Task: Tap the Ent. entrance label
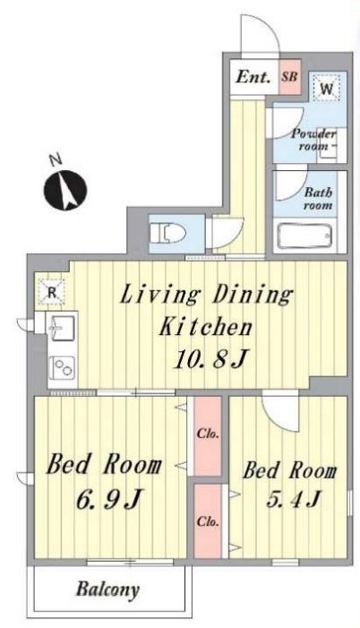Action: coord(253,76)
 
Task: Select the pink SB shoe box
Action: coord(289,77)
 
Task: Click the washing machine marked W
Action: coord(326,88)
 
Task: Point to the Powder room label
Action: coord(313,139)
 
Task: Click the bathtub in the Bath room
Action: coord(304,236)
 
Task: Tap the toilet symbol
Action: coord(167,233)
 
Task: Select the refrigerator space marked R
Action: coord(51,292)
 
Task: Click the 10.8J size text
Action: coord(210,358)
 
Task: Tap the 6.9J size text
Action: coord(109,499)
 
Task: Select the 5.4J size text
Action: coord(293,499)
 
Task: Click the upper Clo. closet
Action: coord(208,435)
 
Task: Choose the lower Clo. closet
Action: coord(208,521)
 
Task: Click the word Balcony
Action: coord(107,589)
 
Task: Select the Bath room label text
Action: coord(318,199)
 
